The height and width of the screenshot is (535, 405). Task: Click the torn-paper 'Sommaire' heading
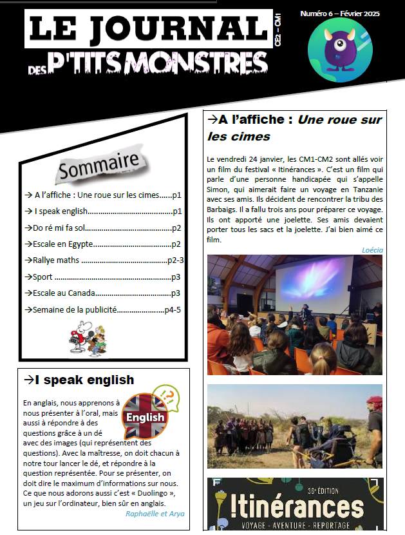[99, 166]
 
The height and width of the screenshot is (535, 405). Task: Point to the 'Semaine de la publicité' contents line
[71, 309]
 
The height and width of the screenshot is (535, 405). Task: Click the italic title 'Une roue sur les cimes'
[293, 128]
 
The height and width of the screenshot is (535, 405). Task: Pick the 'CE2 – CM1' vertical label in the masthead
[277, 29]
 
